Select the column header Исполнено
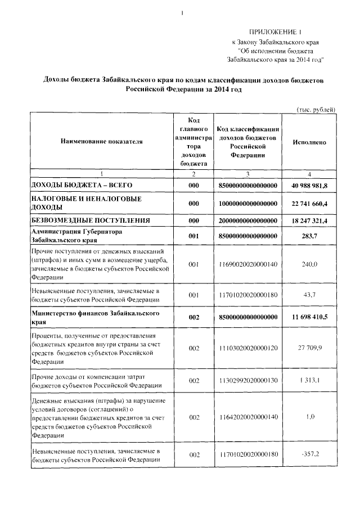coord(309,142)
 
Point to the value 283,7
coord(309,236)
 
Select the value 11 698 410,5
coord(309,317)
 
